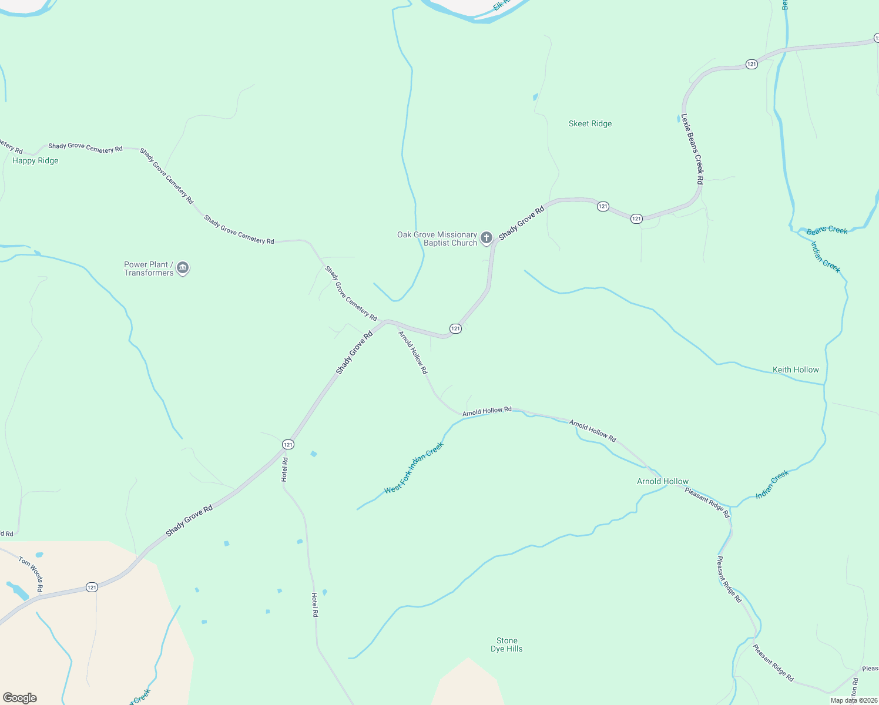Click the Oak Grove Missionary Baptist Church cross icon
487,237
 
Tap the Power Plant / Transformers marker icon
183,268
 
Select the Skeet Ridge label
590,123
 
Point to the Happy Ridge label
35,160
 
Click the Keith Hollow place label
796,370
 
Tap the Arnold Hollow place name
663,481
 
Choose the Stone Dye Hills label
506,644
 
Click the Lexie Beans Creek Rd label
692,149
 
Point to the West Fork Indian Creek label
414,468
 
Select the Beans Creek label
827,230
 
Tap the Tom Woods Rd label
31,573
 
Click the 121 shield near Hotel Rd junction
288,444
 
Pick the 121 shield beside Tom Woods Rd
92,587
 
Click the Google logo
20,697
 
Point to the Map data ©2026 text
854,700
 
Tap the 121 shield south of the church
455,328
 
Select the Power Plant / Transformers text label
149,268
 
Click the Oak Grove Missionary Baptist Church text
437,239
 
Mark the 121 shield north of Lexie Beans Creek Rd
751,64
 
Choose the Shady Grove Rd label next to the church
522,223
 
